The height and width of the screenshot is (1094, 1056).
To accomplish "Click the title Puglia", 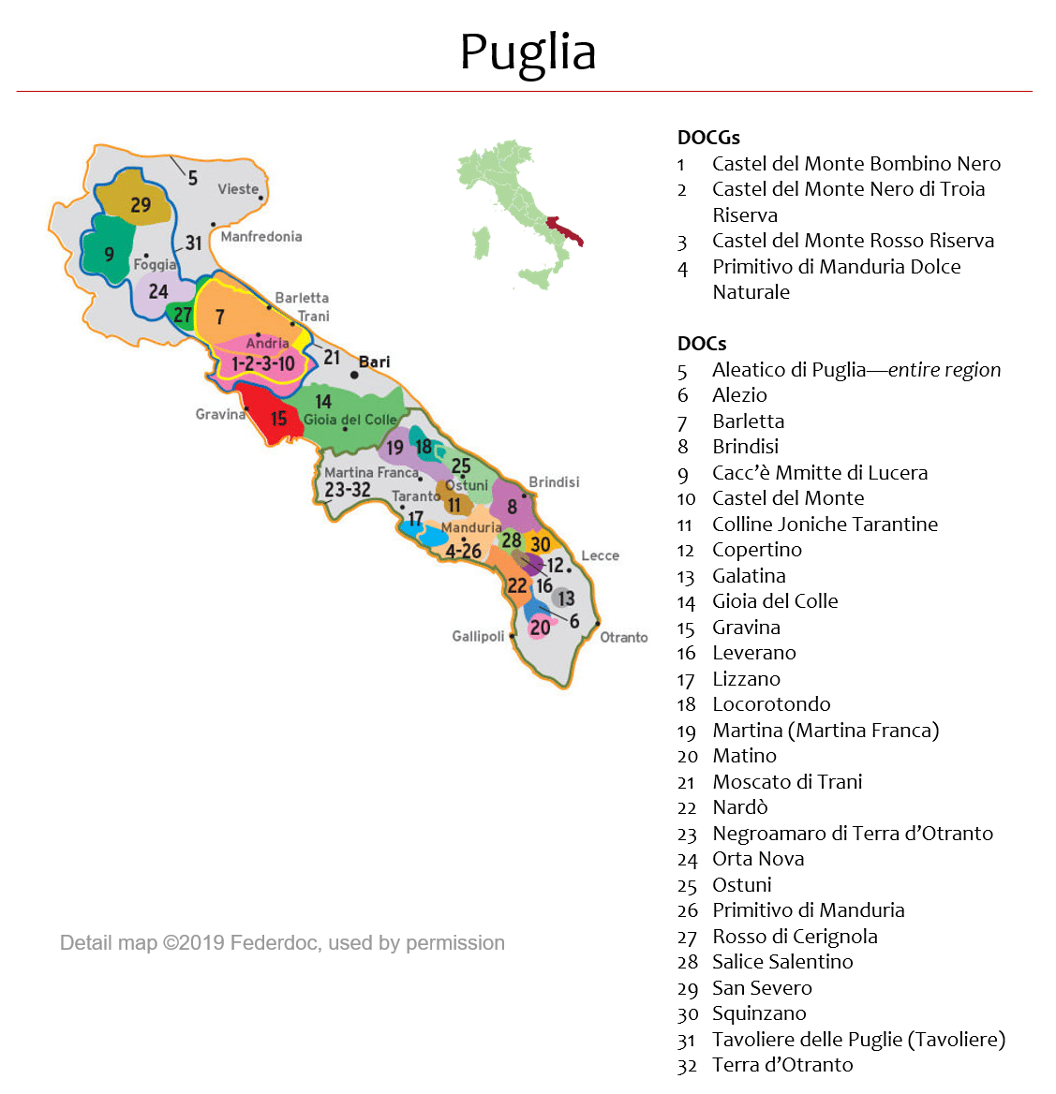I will (528, 52).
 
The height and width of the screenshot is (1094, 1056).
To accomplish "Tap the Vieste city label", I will (238, 189).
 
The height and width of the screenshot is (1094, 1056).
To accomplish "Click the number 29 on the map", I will (141, 205).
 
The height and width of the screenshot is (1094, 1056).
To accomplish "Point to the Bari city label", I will (375, 362).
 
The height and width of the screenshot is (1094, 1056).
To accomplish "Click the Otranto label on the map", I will (624, 637).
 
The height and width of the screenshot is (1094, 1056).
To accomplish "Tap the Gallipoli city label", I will (478, 636).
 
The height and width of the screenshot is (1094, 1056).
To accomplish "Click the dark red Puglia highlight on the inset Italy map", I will (565, 229).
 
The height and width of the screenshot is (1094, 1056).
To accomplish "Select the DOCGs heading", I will (708, 138).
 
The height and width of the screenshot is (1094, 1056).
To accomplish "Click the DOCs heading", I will (702, 344).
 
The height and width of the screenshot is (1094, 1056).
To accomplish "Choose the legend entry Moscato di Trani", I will (786, 782).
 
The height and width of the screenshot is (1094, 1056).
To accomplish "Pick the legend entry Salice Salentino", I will (781, 962).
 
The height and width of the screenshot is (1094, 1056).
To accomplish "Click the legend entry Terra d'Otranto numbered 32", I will (781, 1065).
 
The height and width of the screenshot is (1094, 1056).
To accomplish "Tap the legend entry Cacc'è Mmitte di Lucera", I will (819, 473).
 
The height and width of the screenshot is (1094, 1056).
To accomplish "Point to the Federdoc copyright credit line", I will (282, 943).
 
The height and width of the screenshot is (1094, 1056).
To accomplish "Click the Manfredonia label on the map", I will (261, 237).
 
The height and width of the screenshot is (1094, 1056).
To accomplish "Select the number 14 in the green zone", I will (323, 402).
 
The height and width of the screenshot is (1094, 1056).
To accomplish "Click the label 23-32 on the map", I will (348, 489).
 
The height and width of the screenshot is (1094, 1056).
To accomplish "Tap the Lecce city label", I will (600, 555).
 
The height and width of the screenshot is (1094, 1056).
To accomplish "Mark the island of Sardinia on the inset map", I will (482, 243).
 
